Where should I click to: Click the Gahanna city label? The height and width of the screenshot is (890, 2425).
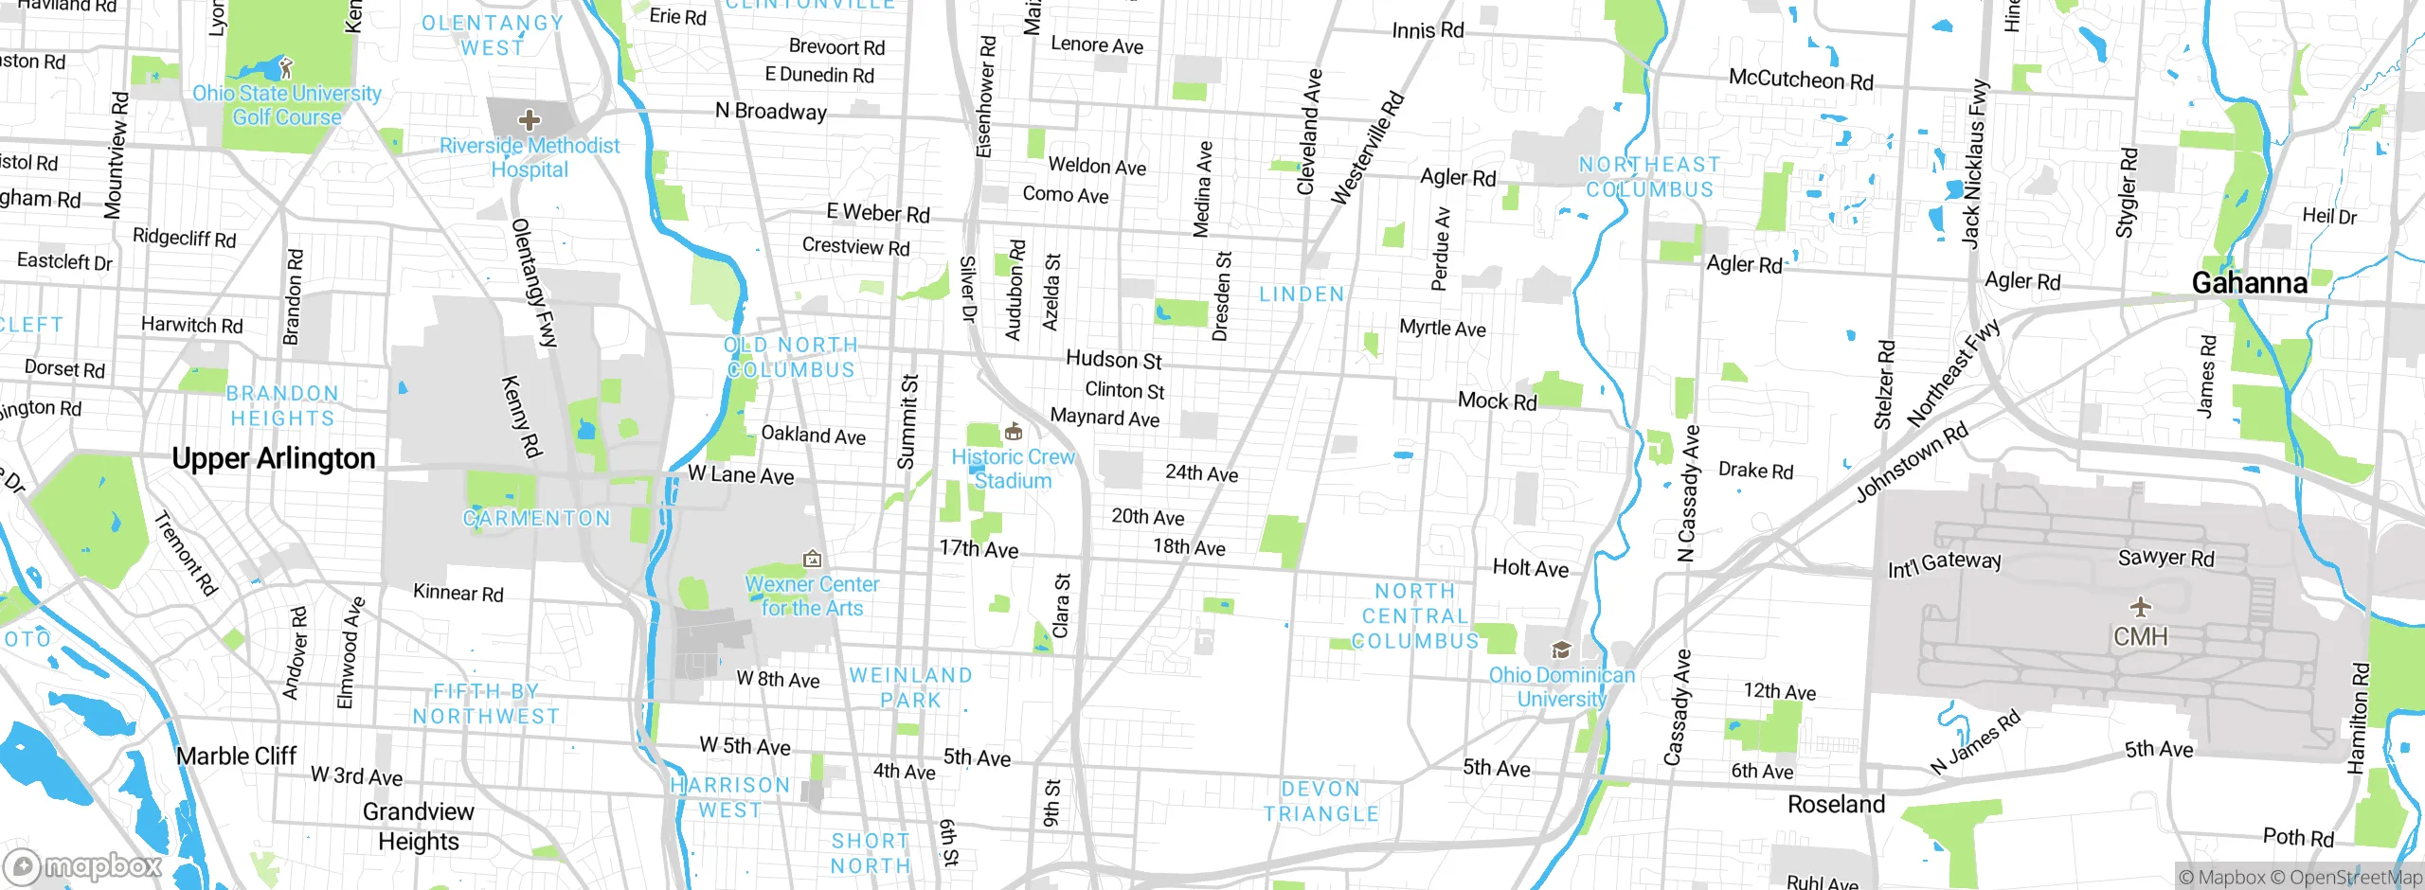pos(2249,282)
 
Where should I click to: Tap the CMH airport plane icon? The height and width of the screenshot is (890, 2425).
pos(2140,606)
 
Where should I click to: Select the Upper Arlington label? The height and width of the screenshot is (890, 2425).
pos(274,458)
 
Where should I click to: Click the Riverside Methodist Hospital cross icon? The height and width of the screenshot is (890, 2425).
pos(529,120)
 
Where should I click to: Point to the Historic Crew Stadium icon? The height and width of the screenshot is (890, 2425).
pos(1013,433)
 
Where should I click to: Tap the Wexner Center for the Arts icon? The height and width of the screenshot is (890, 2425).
pos(812,560)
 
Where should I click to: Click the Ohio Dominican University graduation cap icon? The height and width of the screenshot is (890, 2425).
pos(1561,650)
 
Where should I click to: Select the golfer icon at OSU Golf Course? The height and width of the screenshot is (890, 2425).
pos(287,68)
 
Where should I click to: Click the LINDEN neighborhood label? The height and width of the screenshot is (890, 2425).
pos(1302,294)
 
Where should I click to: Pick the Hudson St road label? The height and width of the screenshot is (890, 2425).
pos(1113,360)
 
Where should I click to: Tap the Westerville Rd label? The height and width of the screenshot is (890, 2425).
pos(1367,148)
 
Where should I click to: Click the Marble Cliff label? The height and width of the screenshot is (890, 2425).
pos(237,756)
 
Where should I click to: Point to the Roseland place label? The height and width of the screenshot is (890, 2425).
pos(1836,804)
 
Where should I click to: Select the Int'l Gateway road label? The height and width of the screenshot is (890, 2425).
pos(1944,563)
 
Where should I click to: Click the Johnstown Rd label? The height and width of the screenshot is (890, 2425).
pos(1911,462)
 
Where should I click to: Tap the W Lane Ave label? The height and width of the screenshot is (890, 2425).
pos(741,474)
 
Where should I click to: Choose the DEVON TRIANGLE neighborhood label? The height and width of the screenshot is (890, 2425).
pos(1320,801)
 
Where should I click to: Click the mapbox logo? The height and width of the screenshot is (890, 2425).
pos(83,865)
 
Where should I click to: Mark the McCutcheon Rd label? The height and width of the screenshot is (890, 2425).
pos(1800,80)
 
